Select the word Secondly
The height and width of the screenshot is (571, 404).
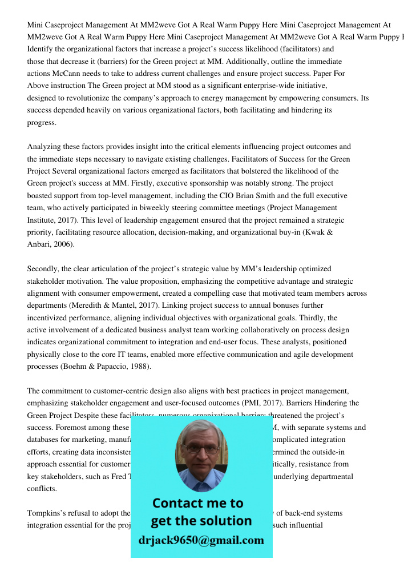(43, 268)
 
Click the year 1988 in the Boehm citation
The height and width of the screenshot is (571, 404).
(139, 367)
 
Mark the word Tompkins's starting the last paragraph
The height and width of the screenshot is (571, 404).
(46, 513)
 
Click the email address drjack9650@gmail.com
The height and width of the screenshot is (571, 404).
(201, 540)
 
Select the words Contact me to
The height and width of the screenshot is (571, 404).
(198, 503)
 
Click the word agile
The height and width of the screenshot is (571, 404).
(301, 354)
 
